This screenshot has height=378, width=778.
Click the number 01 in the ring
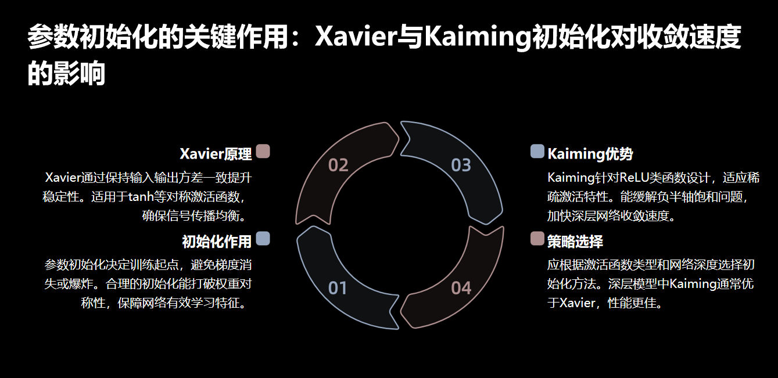338,288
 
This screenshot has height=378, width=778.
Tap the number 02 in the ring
338,165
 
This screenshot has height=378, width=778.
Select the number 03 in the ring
461,165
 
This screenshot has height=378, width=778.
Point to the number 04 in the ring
461,288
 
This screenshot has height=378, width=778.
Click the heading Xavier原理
216,154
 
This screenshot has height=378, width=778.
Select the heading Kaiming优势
590,154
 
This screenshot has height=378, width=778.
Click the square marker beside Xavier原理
263,152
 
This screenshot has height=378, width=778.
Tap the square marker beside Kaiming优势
537,152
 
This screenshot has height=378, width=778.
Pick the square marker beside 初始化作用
263,239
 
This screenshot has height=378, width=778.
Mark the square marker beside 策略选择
537,239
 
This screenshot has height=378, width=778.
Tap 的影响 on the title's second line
66,74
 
